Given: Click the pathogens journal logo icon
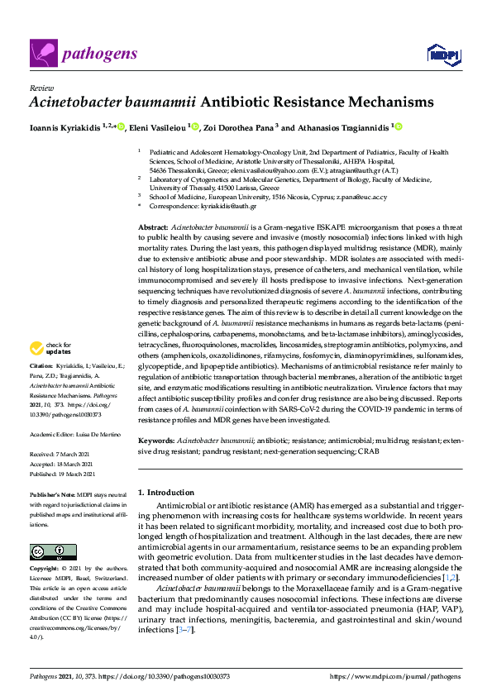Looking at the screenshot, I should pyautogui.click(x=41, y=54).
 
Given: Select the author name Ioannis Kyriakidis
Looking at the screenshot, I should pyautogui.click(x=64, y=127).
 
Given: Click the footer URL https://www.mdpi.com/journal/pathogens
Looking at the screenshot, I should pyautogui.click(x=395, y=676).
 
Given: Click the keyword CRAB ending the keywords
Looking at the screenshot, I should pyautogui.click(x=370, y=452).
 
